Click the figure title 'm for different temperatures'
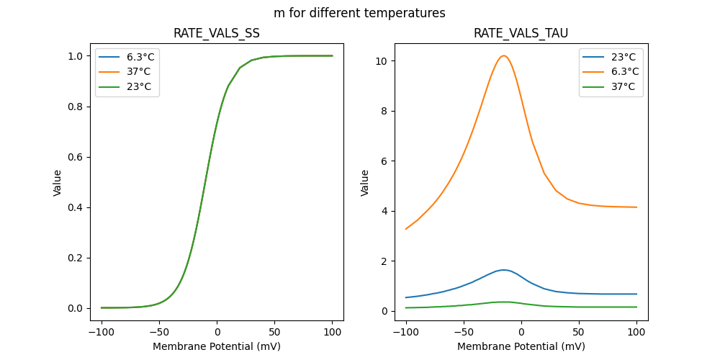point(359,13)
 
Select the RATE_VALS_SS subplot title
point(217,33)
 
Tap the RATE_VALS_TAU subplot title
point(521,33)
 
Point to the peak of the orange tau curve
point(504,55)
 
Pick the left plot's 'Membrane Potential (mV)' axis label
point(217,347)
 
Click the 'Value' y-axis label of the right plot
point(365,183)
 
